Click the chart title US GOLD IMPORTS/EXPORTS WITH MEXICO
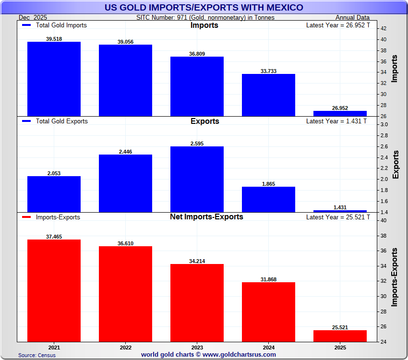[204, 7]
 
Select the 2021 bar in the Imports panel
[54, 79]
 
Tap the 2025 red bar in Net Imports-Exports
[340, 336]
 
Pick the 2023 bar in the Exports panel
[197, 179]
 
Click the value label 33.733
[268, 71]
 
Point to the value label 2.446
[125, 152]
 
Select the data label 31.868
[268, 279]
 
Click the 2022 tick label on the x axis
[125, 347]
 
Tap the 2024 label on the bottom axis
[268, 347]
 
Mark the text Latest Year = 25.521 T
[338, 217]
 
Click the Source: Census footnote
[37, 355]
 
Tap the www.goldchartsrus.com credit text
[240, 355]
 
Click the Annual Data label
[352, 18]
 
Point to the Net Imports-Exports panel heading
[206, 217]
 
